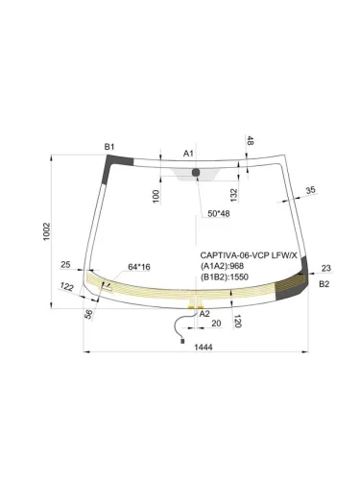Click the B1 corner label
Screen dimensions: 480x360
(x=109, y=146)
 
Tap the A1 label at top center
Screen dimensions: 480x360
(x=189, y=154)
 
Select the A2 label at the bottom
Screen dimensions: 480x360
(x=204, y=314)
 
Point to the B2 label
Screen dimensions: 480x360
(x=324, y=284)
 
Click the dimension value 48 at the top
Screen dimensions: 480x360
(x=251, y=142)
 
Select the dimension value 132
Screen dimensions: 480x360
(x=234, y=195)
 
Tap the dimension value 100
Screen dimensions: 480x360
(x=156, y=196)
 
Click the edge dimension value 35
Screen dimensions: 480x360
(x=309, y=191)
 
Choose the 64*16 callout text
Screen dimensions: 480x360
(x=140, y=267)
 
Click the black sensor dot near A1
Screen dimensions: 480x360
(x=196, y=173)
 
